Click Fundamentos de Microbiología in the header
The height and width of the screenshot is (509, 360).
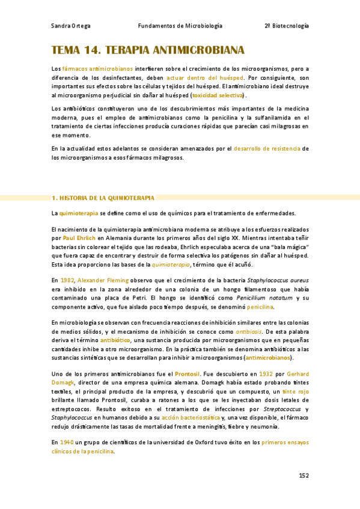pyautogui.click(x=180, y=26)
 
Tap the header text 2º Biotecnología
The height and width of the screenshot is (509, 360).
pyautogui.click(x=287, y=26)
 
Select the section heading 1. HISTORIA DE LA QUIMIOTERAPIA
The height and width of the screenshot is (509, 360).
pyautogui.click(x=103, y=197)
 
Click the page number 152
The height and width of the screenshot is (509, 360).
pyautogui.click(x=304, y=476)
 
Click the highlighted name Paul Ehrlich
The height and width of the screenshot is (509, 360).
pyautogui.click(x=79, y=238)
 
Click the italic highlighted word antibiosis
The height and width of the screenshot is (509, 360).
pyautogui.click(x=248, y=331)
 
